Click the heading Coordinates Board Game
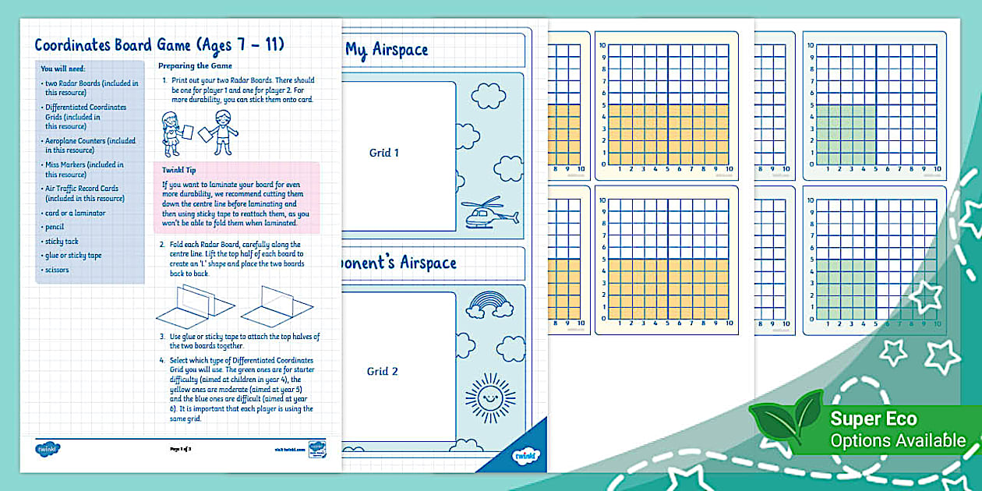pos(159,44)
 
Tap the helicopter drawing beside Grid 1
pos(490,213)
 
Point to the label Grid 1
pos(383,153)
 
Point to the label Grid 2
pos(383,372)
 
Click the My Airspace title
pos(387,50)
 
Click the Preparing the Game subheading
pos(195,66)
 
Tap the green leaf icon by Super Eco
pos(786,421)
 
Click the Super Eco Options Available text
pos(898,429)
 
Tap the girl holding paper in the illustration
pos(170,130)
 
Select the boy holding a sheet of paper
pos(220,130)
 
